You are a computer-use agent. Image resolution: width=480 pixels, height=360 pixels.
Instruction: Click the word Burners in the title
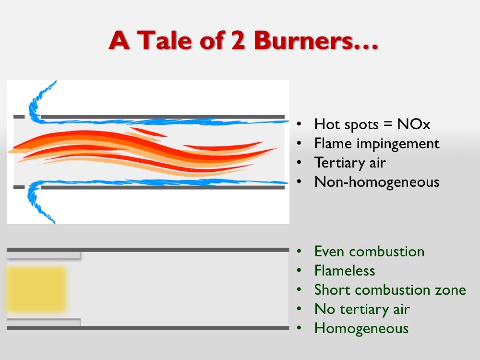coord(316,40)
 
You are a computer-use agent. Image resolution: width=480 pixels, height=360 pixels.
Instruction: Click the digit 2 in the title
coord(238,40)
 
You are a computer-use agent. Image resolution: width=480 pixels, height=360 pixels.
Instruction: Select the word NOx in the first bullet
coord(414,124)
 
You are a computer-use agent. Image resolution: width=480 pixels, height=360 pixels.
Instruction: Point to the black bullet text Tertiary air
coord(350,163)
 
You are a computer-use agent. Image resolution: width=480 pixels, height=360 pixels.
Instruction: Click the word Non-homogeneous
coord(377,182)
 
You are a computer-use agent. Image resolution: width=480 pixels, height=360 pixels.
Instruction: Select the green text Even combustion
coord(369,252)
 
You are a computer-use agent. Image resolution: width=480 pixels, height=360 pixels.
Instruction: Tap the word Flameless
coord(345,271)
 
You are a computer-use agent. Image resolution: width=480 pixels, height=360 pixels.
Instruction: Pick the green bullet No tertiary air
coord(362,309)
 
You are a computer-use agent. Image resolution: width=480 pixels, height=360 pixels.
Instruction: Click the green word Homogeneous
coord(361,328)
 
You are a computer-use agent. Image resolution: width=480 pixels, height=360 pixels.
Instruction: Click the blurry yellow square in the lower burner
coord(36,289)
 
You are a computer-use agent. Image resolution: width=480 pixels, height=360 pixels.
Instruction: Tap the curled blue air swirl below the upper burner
coord(39,202)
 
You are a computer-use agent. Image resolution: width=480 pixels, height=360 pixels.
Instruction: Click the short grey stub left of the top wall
coord(19,117)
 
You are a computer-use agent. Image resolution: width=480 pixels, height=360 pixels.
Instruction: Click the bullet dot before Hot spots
coord(299,124)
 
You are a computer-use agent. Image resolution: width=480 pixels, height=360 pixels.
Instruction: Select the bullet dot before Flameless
coord(299,271)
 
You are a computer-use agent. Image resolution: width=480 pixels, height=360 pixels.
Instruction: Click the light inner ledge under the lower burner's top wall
coord(44,255)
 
